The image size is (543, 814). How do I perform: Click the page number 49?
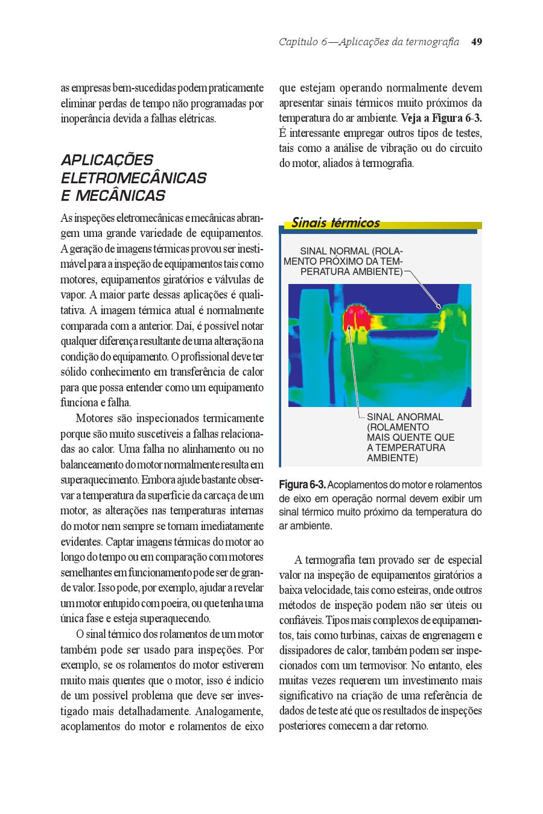click(476, 42)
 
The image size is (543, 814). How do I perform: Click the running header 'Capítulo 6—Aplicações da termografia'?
click(369, 42)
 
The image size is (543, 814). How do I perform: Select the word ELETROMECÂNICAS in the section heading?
click(133, 178)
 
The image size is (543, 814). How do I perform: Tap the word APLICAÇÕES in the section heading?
click(107, 160)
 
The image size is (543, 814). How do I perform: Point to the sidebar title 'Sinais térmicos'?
click(335, 222)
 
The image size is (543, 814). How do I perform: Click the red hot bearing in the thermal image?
click(357, 317)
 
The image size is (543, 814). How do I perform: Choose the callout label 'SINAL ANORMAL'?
click(405, 417)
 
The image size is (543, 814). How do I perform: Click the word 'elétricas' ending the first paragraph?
click(196, 119)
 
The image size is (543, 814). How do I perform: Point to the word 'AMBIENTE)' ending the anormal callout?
click(392, 458)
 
